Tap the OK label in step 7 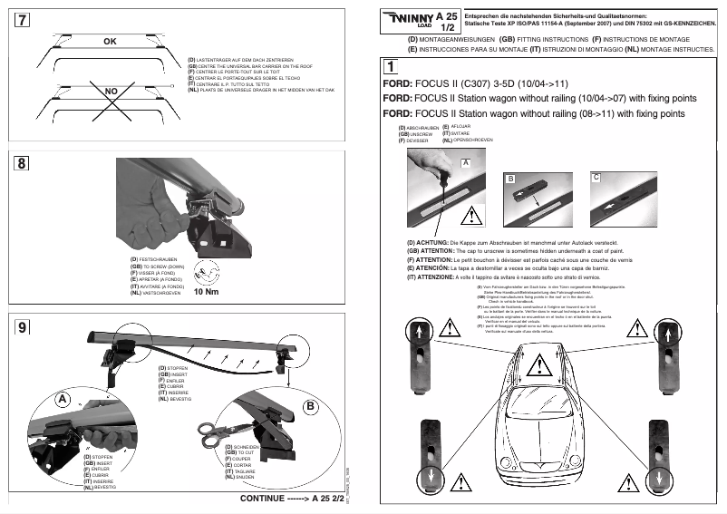click(x=111, y=42)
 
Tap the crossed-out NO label click(x=111, y=92)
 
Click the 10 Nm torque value click(x=208, y=292)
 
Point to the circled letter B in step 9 click(x=309, y=407)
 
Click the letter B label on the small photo click(x=510, y=179)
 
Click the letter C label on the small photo click(x=596, y=178)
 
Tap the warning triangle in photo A click(x=470, y=216)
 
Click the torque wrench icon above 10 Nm click(x=208, y=270)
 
